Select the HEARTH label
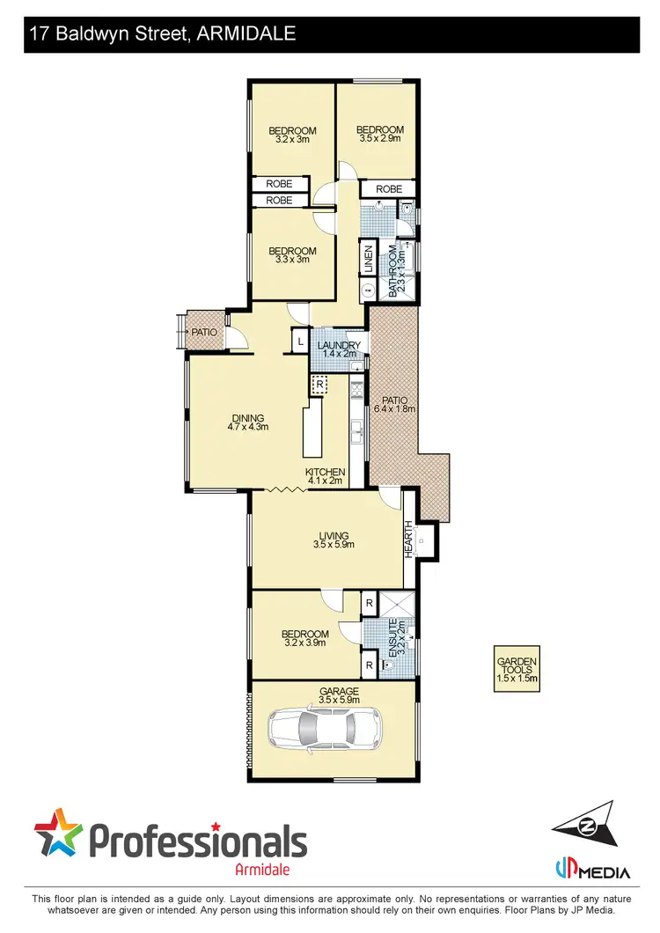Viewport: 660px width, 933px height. (x=408, y=539)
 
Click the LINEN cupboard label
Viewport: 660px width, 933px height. (x=369, y=261)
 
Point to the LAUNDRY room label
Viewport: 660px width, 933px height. (x=338, y=349)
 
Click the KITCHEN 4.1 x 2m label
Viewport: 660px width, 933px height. (x=325, y=476)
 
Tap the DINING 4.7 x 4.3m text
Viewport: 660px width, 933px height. (x=248, y=422)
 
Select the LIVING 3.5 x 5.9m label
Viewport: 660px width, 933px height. (x=334, y=540)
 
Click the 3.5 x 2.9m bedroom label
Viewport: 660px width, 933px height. (x=379, y=134)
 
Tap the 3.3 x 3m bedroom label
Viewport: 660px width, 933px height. (x=292, y=254)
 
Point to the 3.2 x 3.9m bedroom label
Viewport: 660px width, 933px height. (x=305, y=638)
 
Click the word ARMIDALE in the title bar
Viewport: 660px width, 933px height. (x=248, y=34)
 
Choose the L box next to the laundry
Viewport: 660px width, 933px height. (x=300, y=340)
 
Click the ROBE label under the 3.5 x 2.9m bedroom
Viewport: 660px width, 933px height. (x=389, y=189)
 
